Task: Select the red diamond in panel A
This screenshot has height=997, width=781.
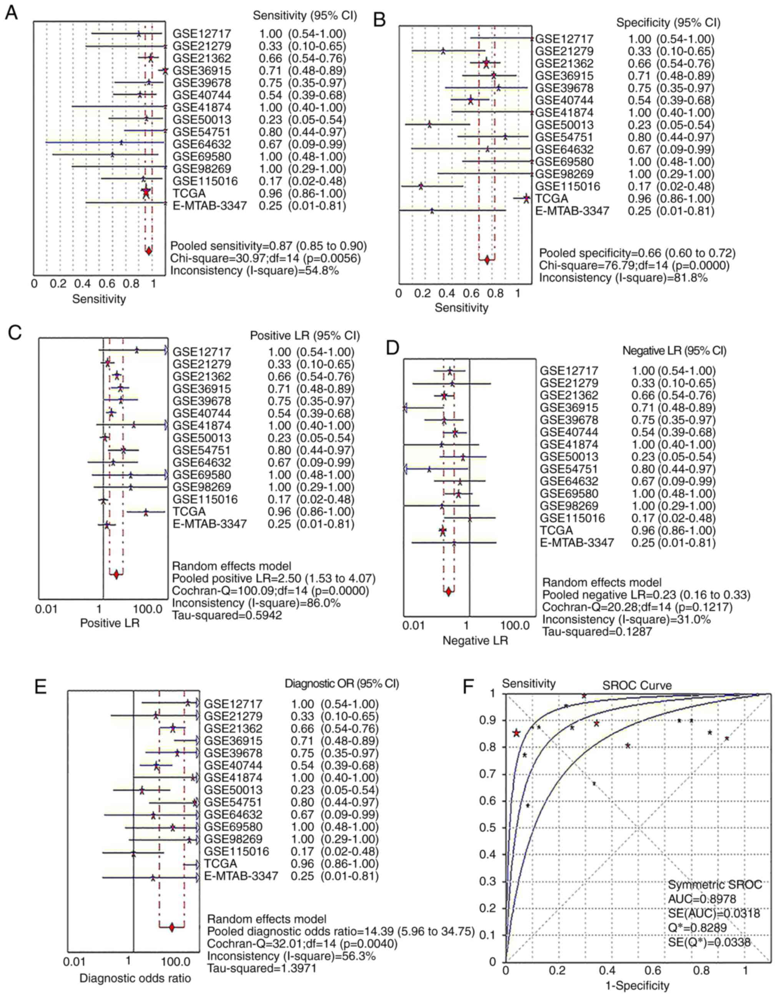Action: point(148,251)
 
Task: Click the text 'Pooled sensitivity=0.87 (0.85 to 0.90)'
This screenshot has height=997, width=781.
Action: point(268,246)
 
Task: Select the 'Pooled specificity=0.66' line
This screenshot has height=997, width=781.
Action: point(637,253)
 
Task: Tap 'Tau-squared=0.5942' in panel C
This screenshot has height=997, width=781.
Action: point(227,615)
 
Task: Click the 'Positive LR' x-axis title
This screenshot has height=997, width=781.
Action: point(110,623)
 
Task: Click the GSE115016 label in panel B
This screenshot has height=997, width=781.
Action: point(567,186)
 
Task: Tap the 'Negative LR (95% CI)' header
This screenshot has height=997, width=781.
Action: point(674,351)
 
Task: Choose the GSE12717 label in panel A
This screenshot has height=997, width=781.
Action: point(202,34)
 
